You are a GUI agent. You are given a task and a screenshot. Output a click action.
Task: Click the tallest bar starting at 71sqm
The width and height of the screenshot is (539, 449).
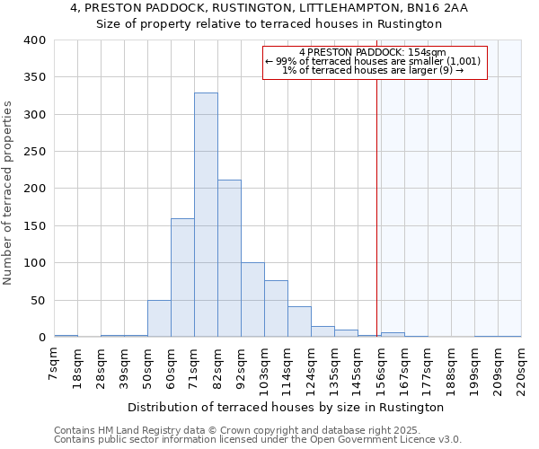[x=206, y=216]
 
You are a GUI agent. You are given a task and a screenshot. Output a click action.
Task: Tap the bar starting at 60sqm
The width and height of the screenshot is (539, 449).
[x=182, y=277]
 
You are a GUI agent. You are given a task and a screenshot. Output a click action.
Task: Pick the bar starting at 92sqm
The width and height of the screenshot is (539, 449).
[x=252, y=300]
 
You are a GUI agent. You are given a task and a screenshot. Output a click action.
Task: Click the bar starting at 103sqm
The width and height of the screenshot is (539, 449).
[x=276, y=309]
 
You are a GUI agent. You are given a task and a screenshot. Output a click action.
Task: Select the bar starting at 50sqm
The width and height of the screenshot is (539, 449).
[x=159, y=319]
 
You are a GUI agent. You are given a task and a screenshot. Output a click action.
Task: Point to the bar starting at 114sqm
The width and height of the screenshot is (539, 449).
[x=299, y=321]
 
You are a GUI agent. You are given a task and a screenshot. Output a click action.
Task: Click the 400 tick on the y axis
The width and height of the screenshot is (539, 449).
[x=34, y=40]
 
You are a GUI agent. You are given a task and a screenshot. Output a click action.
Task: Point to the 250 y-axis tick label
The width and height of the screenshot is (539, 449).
[x=34, y=152]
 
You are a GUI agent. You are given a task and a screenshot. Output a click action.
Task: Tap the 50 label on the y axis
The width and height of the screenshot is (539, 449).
[x=38, y=300]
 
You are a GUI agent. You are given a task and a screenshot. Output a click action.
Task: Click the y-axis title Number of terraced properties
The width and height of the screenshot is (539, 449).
[x=9, y=193]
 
